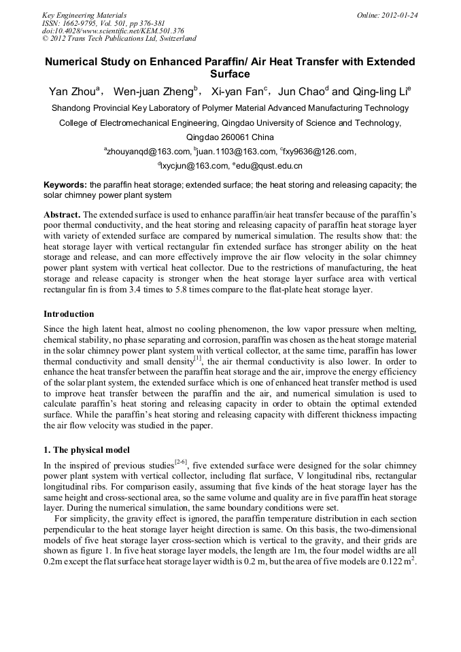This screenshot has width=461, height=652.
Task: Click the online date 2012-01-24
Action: pyautogui.click(x=400, y=14)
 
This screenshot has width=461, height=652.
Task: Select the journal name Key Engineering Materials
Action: pyautogui.click(x=84, y=14)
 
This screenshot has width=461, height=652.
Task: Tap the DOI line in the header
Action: pyautogui.click(x=113, y=31)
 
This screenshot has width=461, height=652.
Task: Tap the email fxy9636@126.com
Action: pyautogui.click(x=318, y=152)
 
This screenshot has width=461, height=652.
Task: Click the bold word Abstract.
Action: pyautogui.click(x=62, y=214)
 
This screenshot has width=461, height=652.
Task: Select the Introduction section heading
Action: pyautogui.click(x=69, y=314)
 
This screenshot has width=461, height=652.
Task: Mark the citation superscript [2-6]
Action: pyautogui.click(x=180, y=462)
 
